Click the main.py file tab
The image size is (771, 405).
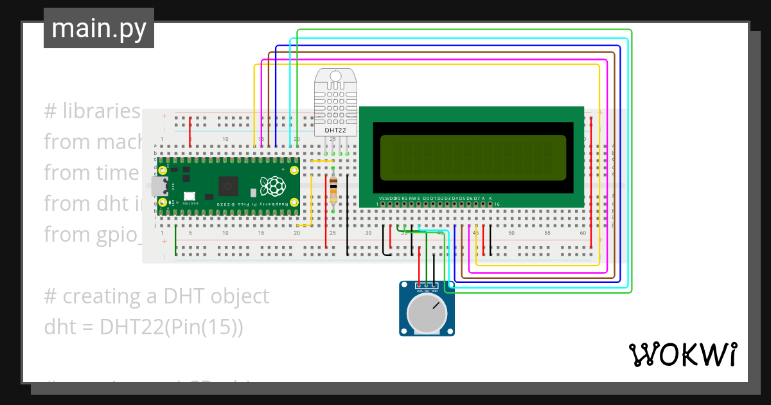99,29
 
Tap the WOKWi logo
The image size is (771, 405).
682,354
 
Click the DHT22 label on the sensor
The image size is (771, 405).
335,130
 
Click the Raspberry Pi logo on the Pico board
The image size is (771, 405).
272,186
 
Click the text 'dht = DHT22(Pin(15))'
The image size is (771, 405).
143,327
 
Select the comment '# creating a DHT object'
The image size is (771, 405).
156,296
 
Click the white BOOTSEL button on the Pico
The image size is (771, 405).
189,197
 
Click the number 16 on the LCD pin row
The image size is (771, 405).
497,204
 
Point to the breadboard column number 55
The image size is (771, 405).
547,233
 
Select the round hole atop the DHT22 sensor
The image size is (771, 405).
335,76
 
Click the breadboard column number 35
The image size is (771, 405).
404,233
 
